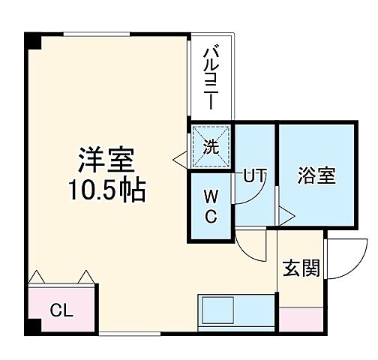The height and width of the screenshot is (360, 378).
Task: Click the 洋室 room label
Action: coord(108,160)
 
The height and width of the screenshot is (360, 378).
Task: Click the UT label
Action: coord(253,176)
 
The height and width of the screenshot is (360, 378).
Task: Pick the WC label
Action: coord(210,205)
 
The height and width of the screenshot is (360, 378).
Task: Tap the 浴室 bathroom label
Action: coord(316,177)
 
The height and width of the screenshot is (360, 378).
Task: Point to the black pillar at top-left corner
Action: coord(31,40)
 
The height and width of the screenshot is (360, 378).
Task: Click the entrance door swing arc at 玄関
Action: coord(341,258)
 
